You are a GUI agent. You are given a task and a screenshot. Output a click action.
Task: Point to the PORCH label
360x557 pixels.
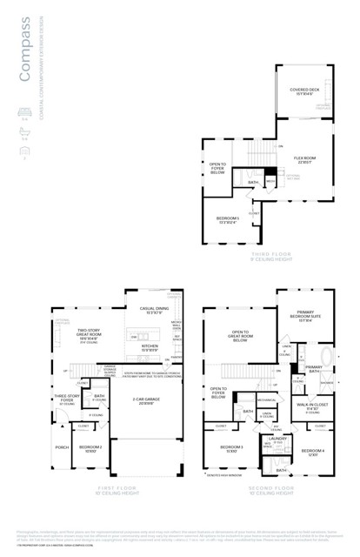(62, 447)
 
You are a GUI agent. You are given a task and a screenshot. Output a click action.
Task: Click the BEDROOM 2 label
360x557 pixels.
(91, 448)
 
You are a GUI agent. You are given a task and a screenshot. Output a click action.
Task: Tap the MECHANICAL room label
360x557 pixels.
(266, 400)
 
